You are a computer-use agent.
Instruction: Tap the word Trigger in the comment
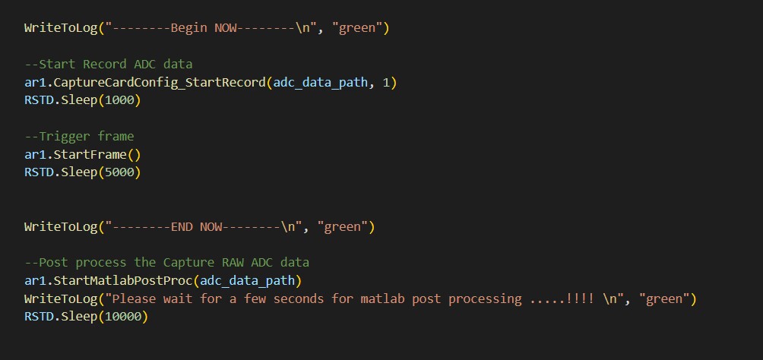pyautogui.click(x=64, y=137)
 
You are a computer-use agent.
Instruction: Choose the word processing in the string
pyautogui.click(x=485, y=298)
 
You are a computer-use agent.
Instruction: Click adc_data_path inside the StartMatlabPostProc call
pyautogui.click(x=255, y=280)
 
